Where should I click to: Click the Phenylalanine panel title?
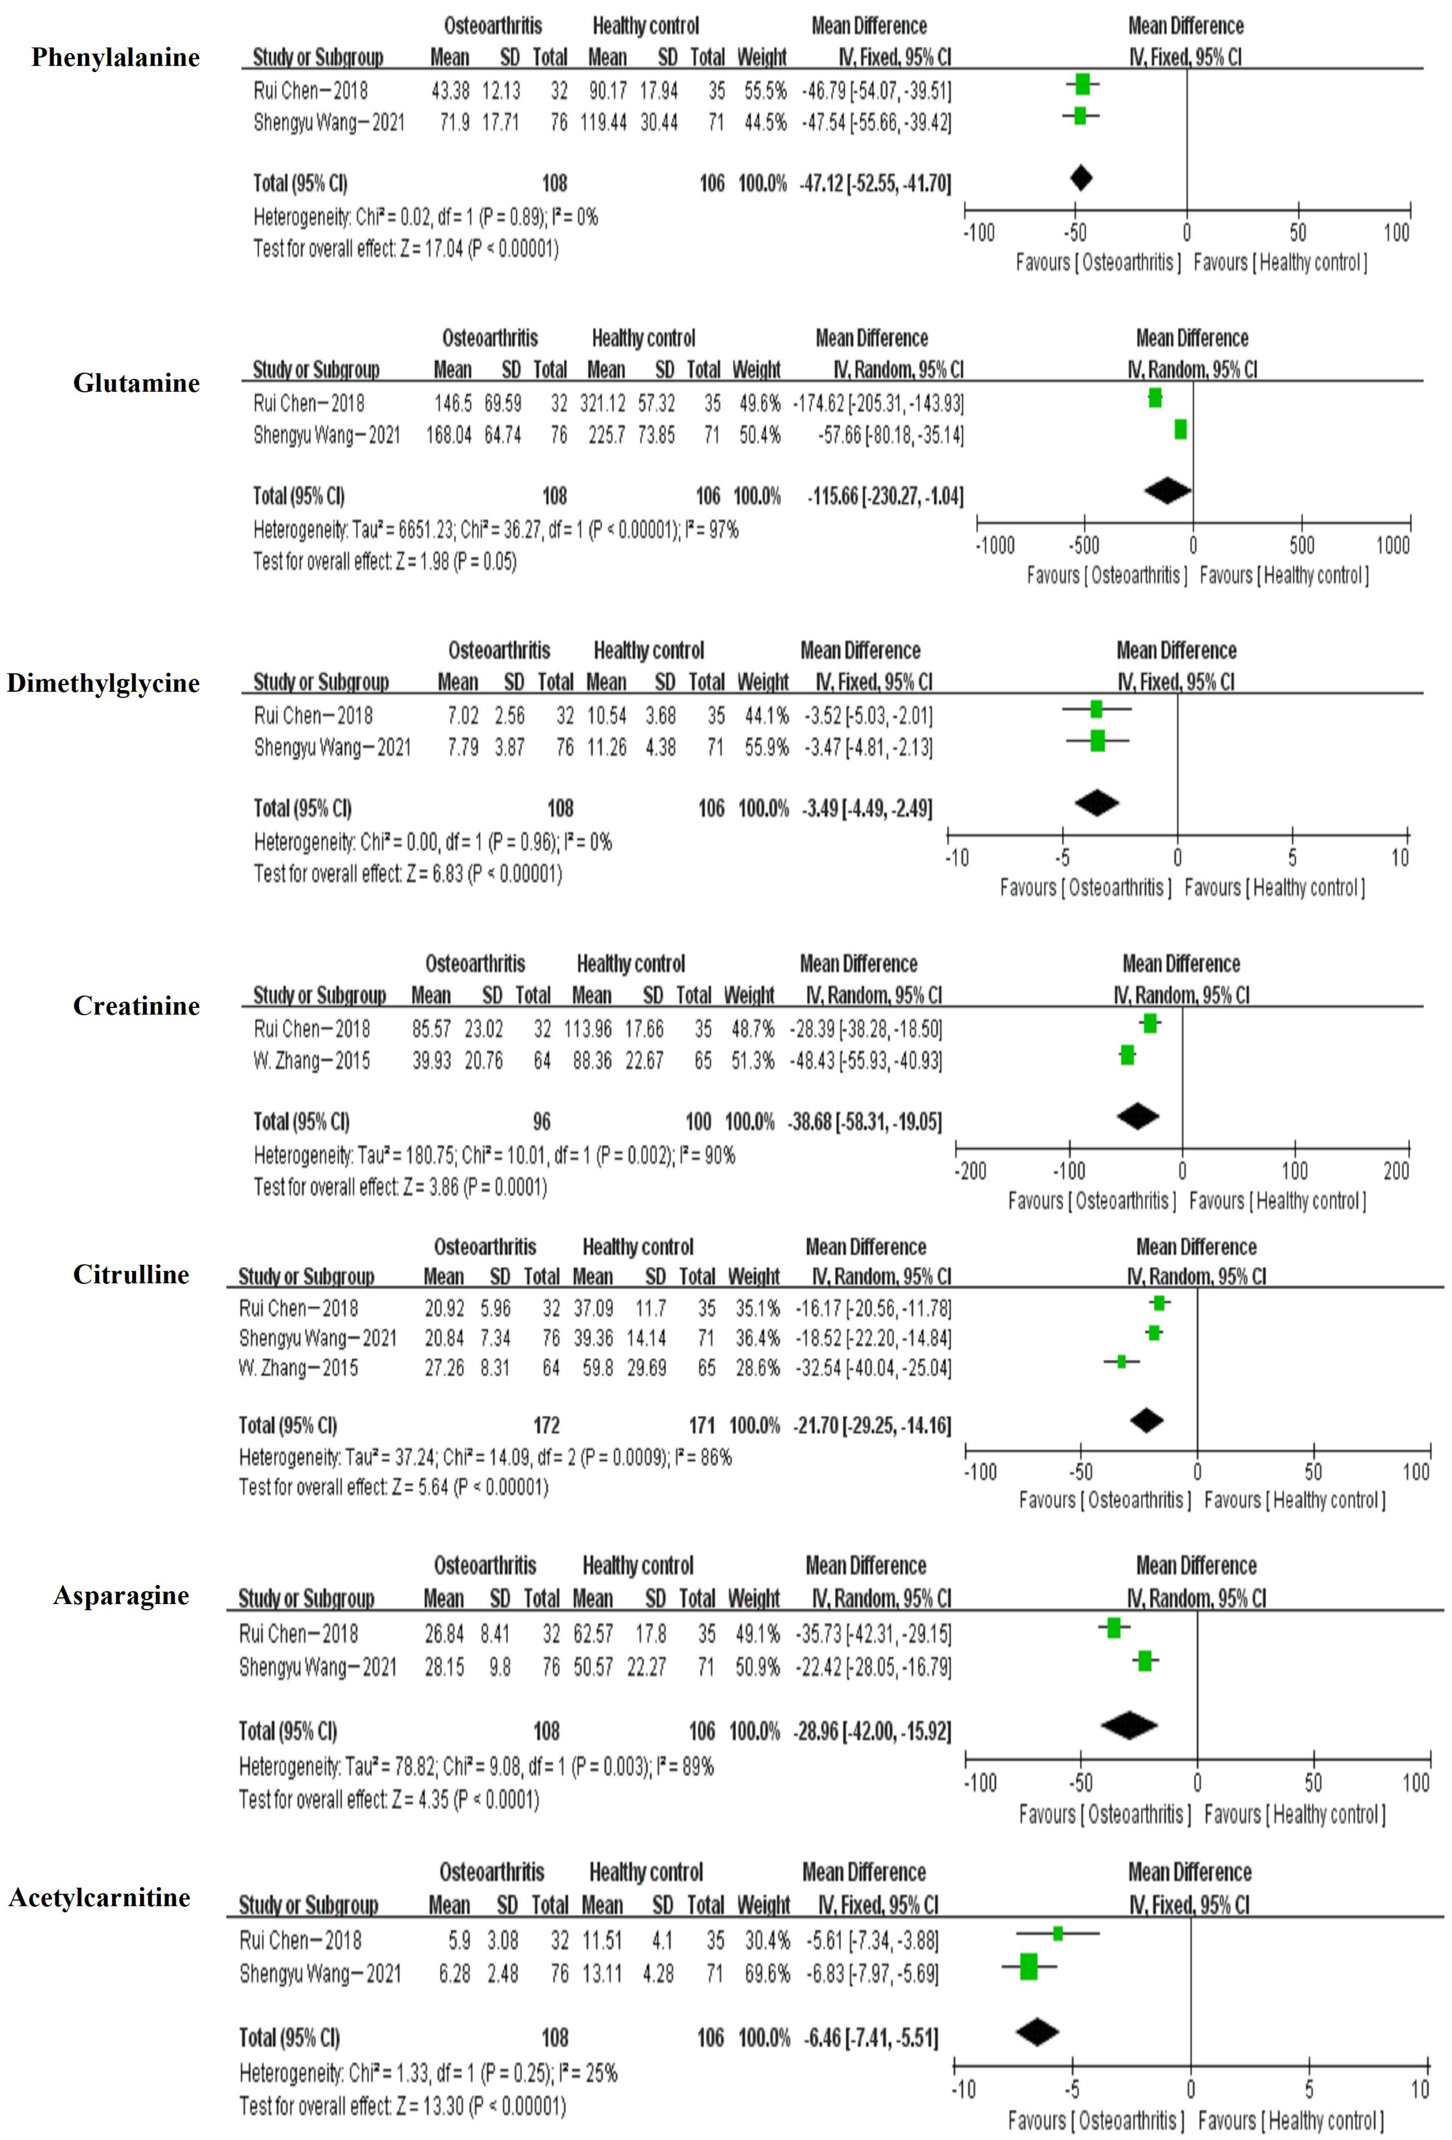click(115, 57)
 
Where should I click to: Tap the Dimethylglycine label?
click(103, 683)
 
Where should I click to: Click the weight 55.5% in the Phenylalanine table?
click(765, 90)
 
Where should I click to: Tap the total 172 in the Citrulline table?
click(546, 1425)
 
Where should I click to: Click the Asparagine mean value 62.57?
click(592, 1633)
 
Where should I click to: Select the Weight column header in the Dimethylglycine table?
click(763, 682)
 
